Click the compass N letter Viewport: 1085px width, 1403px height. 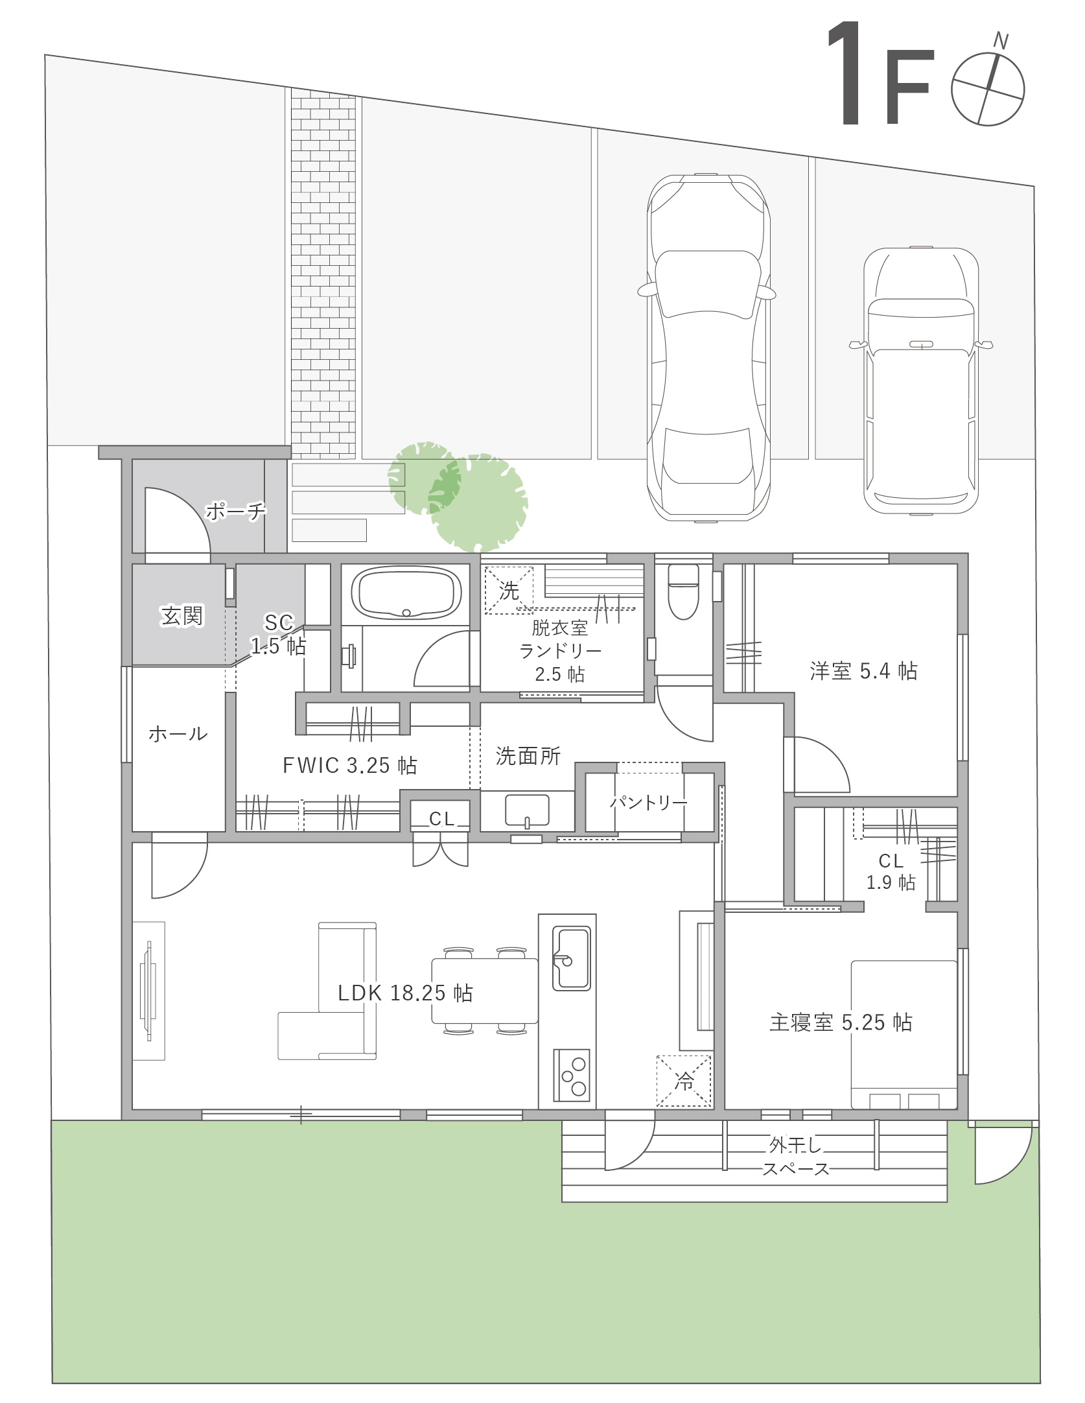click(x=1001, y=42)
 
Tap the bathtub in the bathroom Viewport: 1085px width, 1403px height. click(x=406, y=593)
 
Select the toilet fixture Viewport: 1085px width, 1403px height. click(x=683, y=591)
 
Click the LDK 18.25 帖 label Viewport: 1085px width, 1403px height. click(x=405, y=993)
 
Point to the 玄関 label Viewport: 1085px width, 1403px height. click(x=182, y=615)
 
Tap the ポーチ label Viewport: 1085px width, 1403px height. click(x=236, y=512)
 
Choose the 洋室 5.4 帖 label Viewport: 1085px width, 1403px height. click(x=863, y=670)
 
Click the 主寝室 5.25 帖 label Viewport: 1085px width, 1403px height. click(x=841, y=1022)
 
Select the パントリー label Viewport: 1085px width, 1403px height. click(x=649, y=803)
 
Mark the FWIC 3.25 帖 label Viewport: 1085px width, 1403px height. click(x=349, y=766)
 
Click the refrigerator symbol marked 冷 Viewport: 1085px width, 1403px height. click(x=684, y=1081)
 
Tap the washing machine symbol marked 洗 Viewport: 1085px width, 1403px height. click(x=509, y=590)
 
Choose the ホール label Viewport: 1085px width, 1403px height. click(x=178, y=734)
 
